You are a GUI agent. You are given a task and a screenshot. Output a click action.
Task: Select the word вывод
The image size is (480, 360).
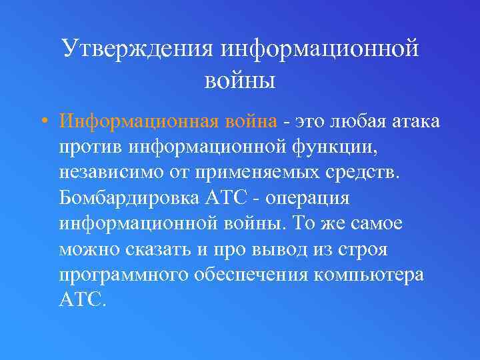click(x=264, y=249)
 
